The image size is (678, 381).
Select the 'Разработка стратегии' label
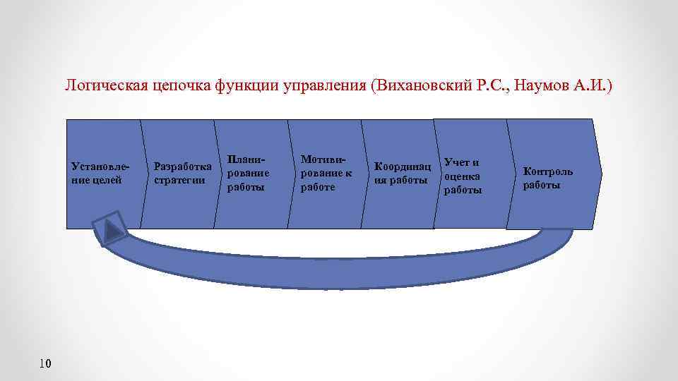[x=182, y=174]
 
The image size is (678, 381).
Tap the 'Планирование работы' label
[x=249, y=174]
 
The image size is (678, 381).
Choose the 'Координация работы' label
[x=402, y=174]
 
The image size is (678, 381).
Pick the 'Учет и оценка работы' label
[x=463, y=176]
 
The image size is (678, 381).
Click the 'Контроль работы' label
[x=547, y=178]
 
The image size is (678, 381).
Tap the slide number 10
[x=45, y=363]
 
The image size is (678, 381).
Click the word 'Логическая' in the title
[x=105, y=86]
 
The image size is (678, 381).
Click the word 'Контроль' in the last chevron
[x=547, y=171]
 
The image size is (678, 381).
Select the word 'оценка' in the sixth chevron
[x=463, y=176]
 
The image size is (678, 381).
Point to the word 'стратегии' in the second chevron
[x=179, y=180]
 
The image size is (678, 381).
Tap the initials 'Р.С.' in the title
[x=489, y=86]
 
